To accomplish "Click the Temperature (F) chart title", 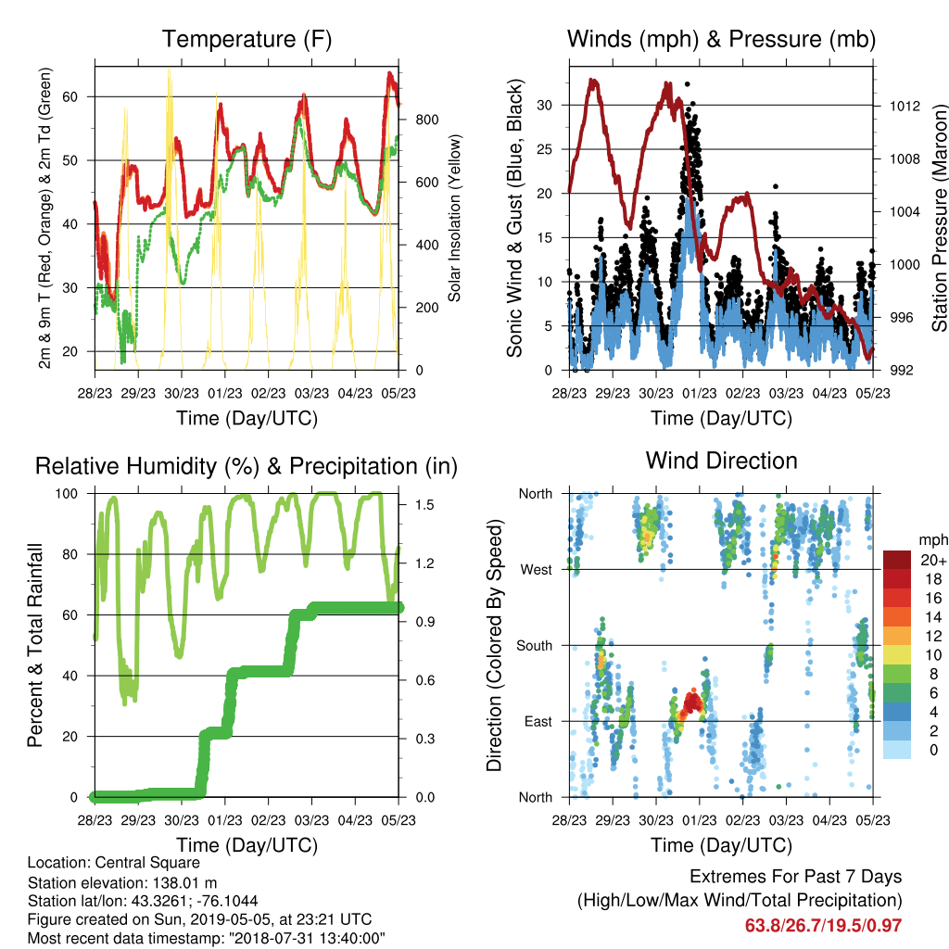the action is [x=247, y=39].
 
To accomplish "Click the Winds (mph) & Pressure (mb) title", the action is [x=721, y=39].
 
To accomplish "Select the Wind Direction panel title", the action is [x=721, y=461].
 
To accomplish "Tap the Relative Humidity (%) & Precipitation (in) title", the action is [x=247, y=467].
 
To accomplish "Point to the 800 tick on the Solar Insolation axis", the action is [x=426, y=120].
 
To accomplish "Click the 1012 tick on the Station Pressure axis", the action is [x=905, y=107].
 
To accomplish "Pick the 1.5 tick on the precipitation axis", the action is [x=424, y=505].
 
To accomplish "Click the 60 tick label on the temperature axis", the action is [x=70, y=96].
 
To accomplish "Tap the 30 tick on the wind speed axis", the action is [x=545, y=106].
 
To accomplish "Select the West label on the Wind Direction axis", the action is [x=537, y=570].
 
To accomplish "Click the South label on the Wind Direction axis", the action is [x=535, y=646].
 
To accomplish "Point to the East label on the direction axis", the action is [x=538, y=721].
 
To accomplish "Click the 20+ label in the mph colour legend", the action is [x=933, y=560].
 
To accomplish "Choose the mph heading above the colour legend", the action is [x=932, y=540].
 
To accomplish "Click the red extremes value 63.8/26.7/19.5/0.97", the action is [x=823, y=926].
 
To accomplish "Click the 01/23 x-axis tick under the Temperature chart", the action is [x=224, y=394].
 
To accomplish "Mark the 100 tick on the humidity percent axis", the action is [x=67, y=494].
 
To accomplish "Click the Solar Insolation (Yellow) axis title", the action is [x=454, y=218].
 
